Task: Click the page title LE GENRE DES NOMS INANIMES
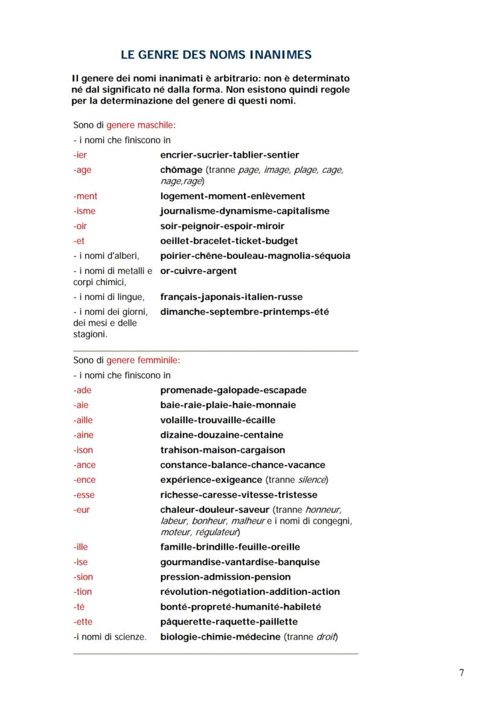click(216, 55)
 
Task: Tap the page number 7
click(461, 673)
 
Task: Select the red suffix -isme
click(84, 211)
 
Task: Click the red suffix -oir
click(81, 226)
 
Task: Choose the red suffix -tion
click(83, 592)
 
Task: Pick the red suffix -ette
click(83, 622)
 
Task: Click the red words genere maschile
click(140, 125)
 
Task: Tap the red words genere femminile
click(143, 360)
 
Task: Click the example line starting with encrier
click(229, 155)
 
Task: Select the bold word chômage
click(181, 170)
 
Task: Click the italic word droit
click(326, 637)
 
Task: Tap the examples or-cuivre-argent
click(198, 271)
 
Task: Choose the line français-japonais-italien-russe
click(231, 297)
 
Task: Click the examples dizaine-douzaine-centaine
click(221, 435)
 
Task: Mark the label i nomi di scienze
click(110, 637)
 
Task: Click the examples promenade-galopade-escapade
click(233, 390)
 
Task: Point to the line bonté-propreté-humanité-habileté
click(240, 606)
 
